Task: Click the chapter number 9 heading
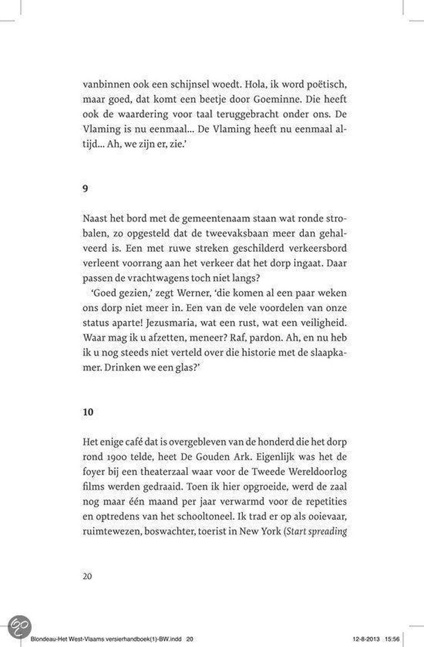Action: pyautogui.click(x=85, y=190)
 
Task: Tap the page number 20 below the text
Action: pyautogui.click(x=88, y=576)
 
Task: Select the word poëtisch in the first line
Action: pyautogui.click(x=319, y=85)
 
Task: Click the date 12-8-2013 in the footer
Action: pyautogui.click(x=374, y=639)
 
